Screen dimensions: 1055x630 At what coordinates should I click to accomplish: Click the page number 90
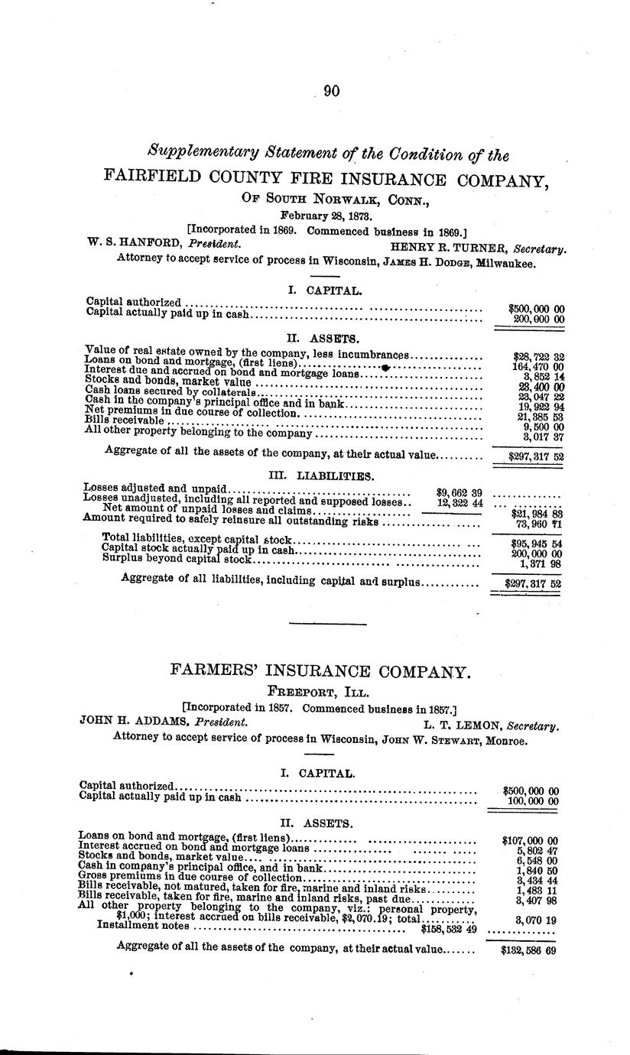pyautogui.click(x=331, y=91)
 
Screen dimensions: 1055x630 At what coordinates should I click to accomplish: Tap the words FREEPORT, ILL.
pyautogui.click(x=320, y=693)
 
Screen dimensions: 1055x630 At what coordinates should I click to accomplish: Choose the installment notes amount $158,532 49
pyautogui.click(x=450, y=930)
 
